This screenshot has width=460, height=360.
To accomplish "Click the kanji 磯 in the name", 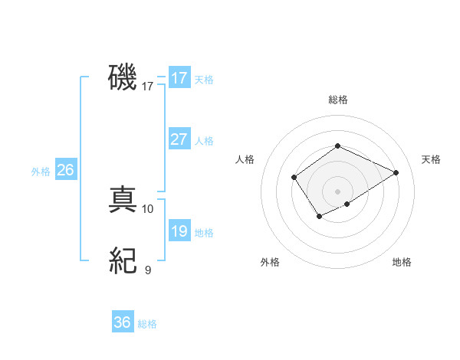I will pyautogui.click(x=123, y=78).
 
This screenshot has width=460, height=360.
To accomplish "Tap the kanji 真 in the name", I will pyautogui.click(x=123, y=201).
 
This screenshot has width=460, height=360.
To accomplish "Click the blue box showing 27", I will pyautogui.click(x=179, y=139).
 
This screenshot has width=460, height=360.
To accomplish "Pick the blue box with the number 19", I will pyautogui.click(x=179, y=231).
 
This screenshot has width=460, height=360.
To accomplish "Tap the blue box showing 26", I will pyautogui.click(x=65, y=170).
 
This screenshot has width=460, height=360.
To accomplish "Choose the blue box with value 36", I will pyautogui.click(x=123, y=322).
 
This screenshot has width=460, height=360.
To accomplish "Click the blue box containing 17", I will pyautogui.click(x=179, y=78).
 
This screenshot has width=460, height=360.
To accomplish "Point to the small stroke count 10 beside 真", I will pyautogui.click(x=148, y=208).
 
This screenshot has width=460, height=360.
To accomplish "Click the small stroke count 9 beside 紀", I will pyautogui.click(x=148, y=270).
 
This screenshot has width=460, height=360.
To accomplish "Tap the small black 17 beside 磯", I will pyautogui.click(x=148, y=87).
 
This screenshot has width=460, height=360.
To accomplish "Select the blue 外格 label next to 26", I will pyautogui.click(x=41, y=172).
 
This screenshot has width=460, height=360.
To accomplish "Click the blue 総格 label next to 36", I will pyautogui.click(x=147, y=324).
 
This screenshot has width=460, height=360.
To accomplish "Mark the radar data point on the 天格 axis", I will pyautogui.click(x=396, y=172).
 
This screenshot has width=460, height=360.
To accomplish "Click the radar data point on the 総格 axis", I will pyautogui.click(x=337, y=146).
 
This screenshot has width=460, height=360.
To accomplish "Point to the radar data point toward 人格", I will pyautogui.click(x=294, y=178).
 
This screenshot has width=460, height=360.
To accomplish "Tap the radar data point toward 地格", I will pyautogui.click(x=347, y=204).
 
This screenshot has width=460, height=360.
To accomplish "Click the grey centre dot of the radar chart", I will pyautogui.click(x=337, y=191).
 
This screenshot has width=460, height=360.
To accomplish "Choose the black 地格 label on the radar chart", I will pyautogui.click(x=402, y=262).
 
